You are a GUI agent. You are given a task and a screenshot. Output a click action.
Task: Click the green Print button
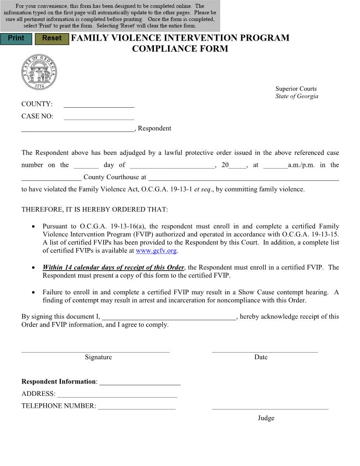[x=16, y=39]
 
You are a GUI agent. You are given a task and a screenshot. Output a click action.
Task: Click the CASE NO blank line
[x=99, y=116]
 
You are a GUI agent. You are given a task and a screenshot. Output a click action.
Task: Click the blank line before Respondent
[x=78, y=128]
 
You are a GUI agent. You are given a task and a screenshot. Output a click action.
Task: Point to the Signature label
[x=98, y=357]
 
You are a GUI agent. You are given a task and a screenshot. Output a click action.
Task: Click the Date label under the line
[x=261, y=357]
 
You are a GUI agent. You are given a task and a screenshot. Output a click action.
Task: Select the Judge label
[x=266, y=418]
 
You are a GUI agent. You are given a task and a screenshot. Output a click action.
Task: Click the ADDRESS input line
[x=117, y=394]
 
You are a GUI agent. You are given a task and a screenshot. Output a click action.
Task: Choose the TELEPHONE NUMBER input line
[x=137, y=406]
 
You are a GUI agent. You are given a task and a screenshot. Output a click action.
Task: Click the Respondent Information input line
[x=140, y=382]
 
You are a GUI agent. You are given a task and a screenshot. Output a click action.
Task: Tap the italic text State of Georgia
[x=296, y=96]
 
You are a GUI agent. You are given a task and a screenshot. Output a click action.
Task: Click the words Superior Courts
[x=296, y=89]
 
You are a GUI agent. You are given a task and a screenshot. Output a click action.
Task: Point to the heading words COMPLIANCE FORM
[x=180, y=49]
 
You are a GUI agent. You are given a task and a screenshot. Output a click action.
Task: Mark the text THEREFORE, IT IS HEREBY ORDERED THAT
[x=94, y=210]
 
